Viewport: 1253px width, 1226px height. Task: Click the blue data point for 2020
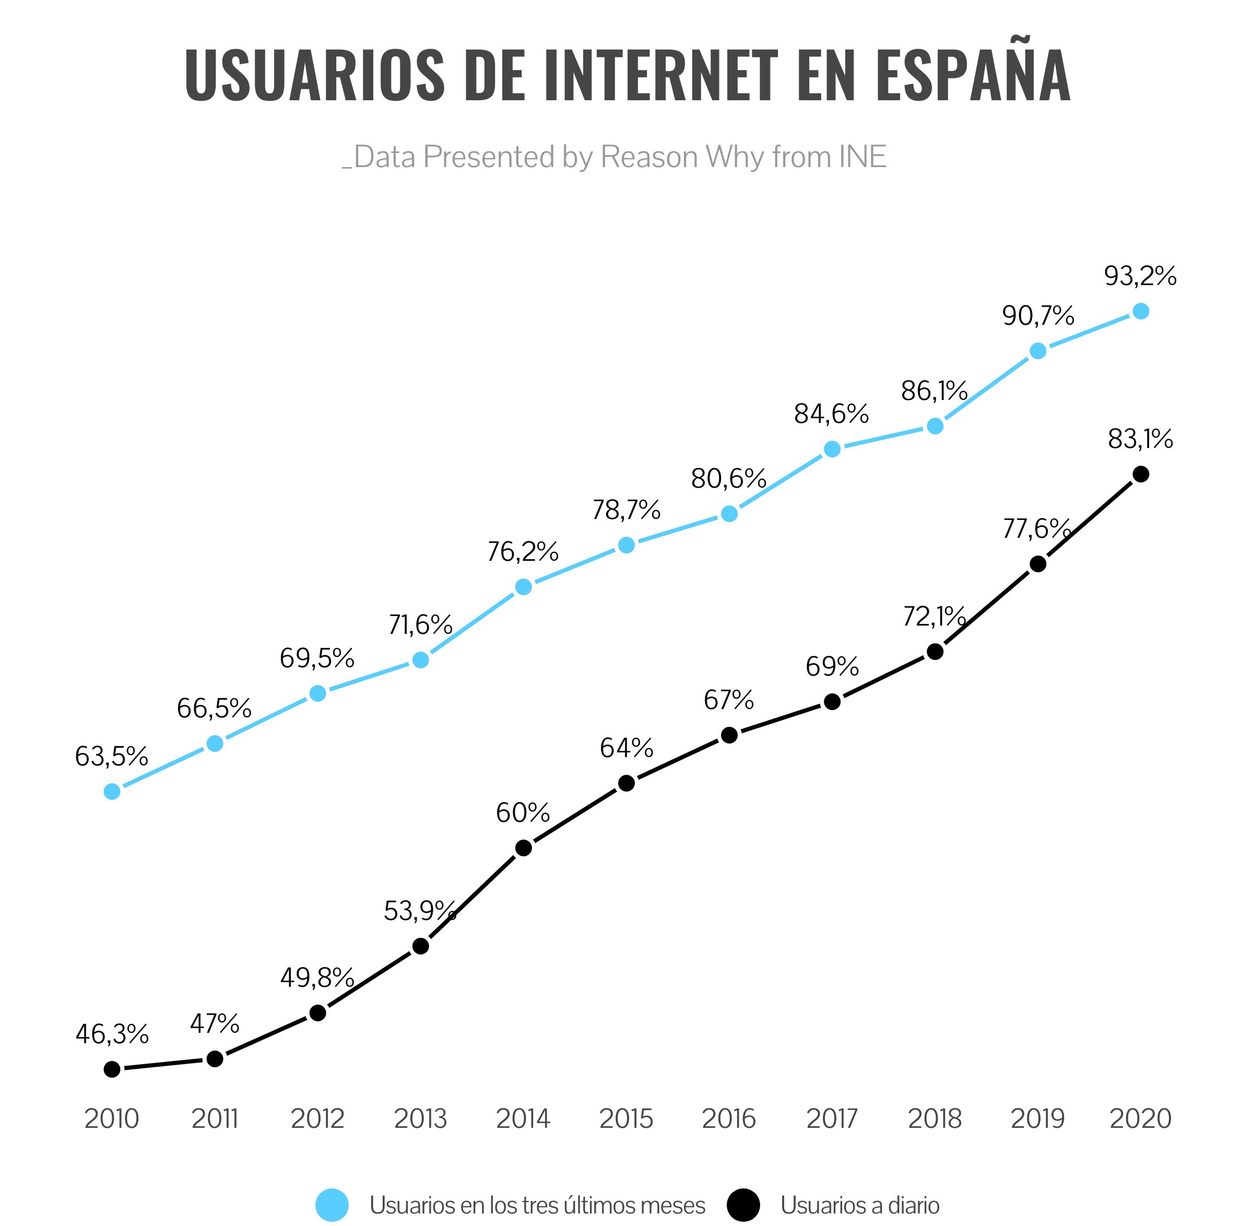point(1140,312)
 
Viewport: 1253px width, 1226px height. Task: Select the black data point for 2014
point(524,848)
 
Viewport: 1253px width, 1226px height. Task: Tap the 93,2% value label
point(1140,276)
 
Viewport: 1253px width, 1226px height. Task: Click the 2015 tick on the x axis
point(626,1118)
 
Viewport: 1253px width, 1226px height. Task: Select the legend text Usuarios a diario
point(859,1206)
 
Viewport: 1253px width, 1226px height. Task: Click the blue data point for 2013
point(420,660)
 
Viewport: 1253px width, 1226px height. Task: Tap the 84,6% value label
point(831,414)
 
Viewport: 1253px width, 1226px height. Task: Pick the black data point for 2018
point(935,652)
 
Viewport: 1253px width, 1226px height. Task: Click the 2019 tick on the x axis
point(1037,1118)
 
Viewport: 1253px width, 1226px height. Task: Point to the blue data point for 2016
point(729,514)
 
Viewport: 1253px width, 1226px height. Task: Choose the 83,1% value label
point(1140,440)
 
